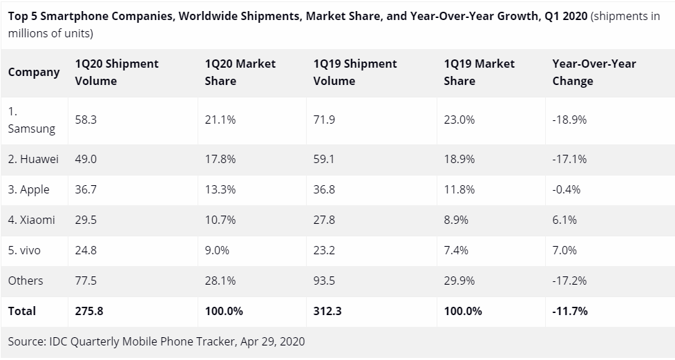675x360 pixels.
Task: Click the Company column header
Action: [34, 72]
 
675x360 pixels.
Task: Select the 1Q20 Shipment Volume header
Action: [117, 72]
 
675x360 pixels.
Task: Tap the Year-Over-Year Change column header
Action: [593, 72]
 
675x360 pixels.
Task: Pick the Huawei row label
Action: [33, 159]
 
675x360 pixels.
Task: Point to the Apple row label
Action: [29, 189]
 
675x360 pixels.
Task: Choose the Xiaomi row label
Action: [32, 220]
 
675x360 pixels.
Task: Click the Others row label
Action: [26, 281]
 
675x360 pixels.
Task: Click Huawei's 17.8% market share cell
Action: [220, 159]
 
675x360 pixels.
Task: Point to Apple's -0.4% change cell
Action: [567, 189]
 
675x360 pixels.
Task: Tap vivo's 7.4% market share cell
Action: [456, 250]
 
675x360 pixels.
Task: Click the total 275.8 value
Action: [88, 311]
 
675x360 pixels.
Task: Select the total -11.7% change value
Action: [570, 311]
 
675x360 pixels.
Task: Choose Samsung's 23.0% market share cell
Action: [459, 120]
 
